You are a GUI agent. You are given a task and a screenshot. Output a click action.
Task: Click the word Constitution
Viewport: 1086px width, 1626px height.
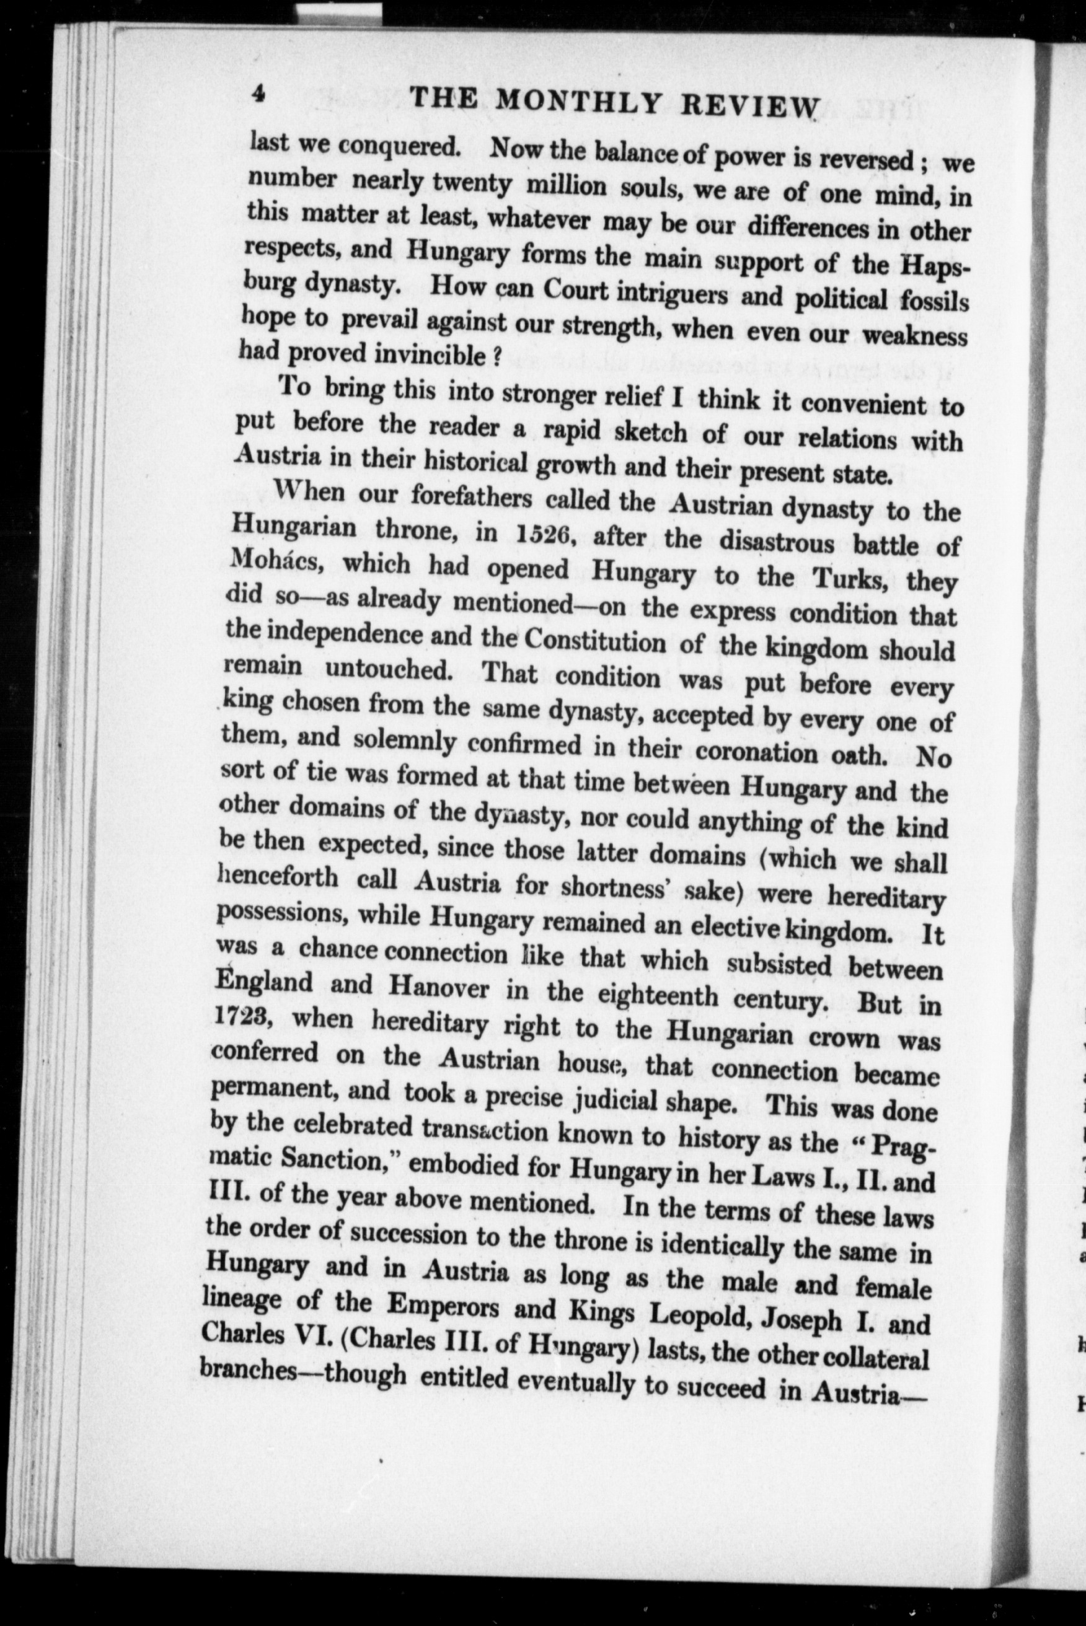[594, 639]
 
